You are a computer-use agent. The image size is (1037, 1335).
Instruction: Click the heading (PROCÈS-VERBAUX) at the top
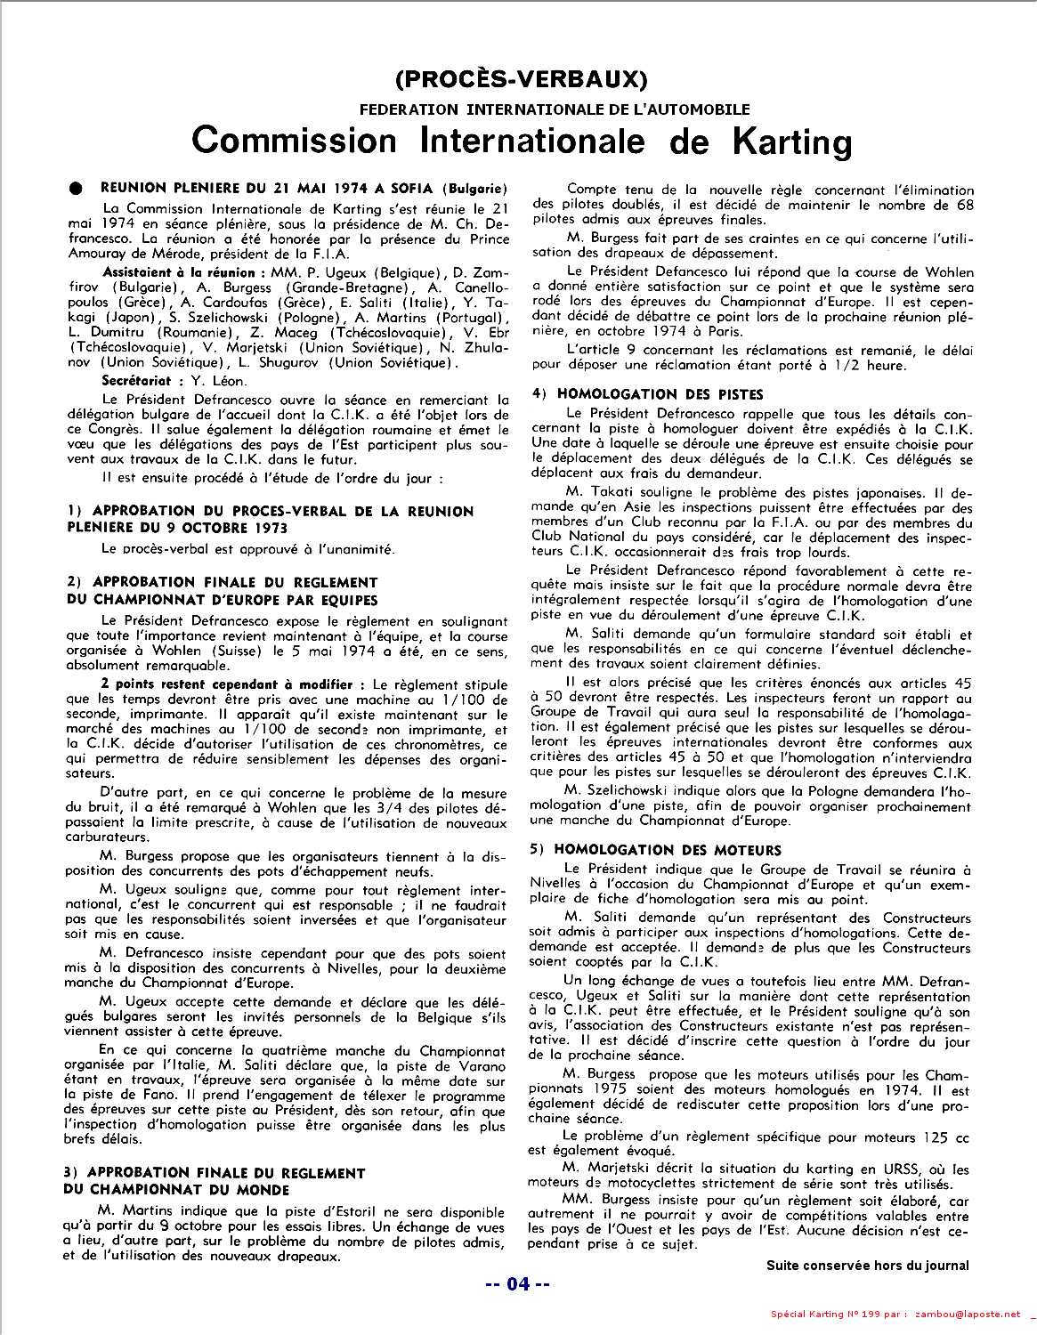(x=518, y=79)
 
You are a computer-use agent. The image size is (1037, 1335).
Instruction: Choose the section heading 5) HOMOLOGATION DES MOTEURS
(x=655, y=850)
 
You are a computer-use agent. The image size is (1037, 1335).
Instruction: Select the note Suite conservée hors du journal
(x=867, y=1265)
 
